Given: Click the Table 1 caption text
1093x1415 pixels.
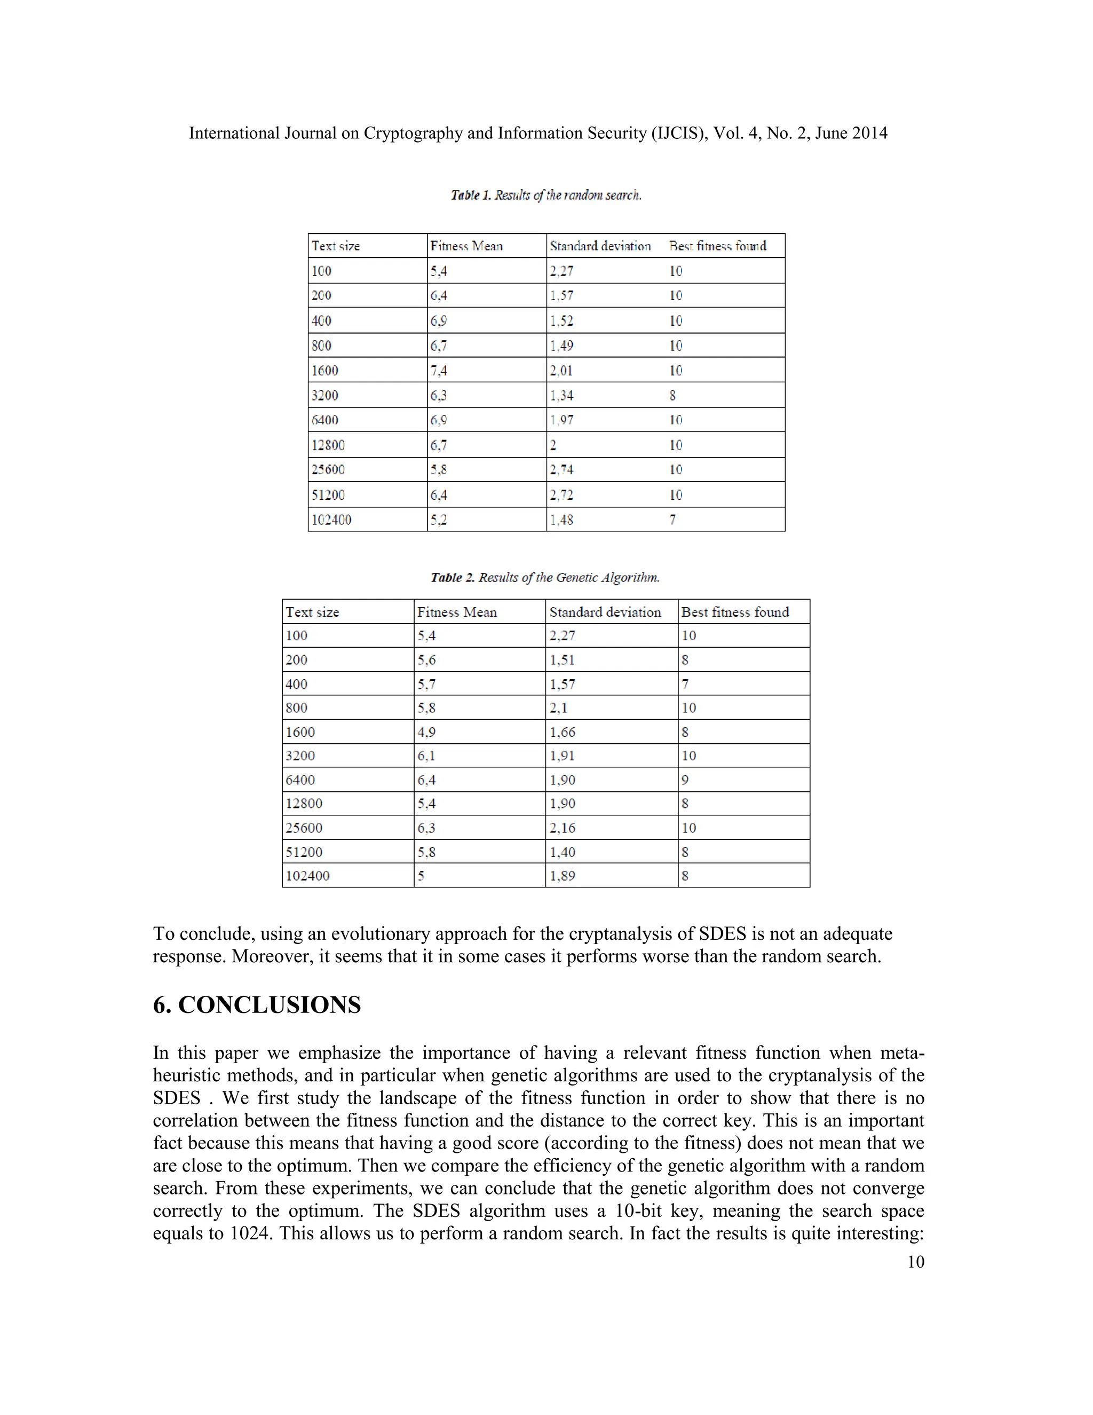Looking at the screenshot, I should [x=546, y=195].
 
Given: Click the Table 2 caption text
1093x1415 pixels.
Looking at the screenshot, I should [x=545, y=577].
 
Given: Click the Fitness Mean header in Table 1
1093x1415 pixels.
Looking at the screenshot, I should [x=466, y=246].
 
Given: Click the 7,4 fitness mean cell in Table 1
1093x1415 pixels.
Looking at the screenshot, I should [x=438, y=371].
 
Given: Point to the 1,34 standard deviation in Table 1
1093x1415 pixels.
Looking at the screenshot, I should [x=561, y=395].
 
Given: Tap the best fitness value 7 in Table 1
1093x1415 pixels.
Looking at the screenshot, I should [x=673, y=520].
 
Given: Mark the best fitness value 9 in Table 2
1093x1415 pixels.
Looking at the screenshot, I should [x=685, y=780].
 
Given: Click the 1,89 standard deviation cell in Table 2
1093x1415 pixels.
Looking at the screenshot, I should [x=562, y=876].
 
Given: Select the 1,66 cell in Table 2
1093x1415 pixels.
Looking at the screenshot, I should [x=562, y=732].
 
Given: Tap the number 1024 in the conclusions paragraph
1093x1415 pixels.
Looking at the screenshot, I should [x=249, y=1233].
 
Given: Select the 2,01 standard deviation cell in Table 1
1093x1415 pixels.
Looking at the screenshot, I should [x=561, y=371].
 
